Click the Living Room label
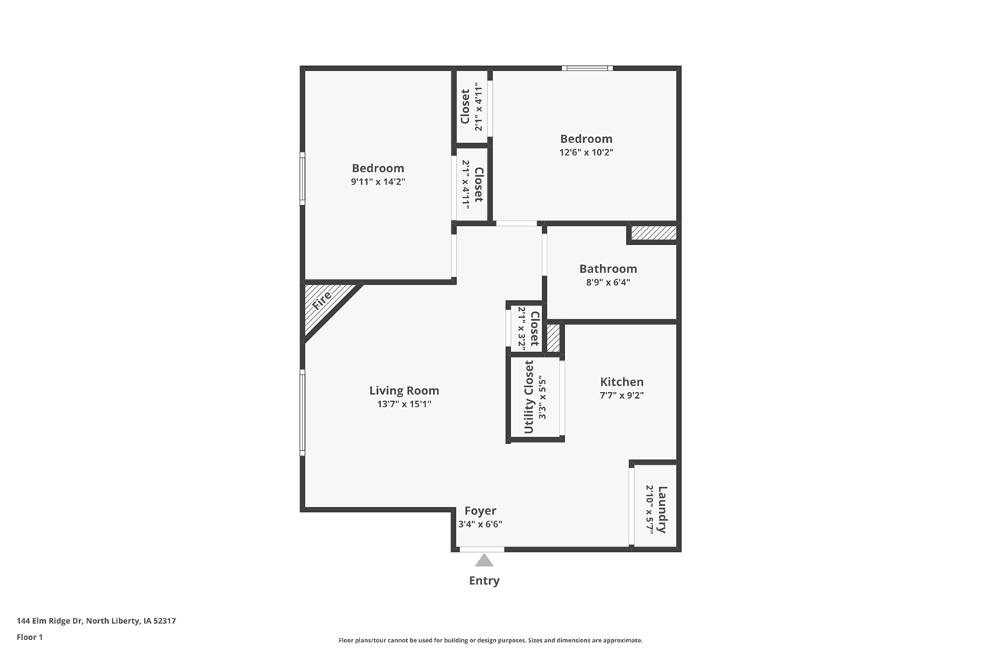pyautogui.click(x=404, y=390)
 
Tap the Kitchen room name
pyautogui.click(x=622, y=382)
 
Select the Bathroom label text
pyautogui.click(x=608, y=269)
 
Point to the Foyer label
pyautogui.click(x=481, y=511)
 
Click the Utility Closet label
pyautogui.click(x=529, y=397)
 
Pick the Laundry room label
pyautogui.click(x=662, y=509)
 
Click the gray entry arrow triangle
pyautogui.click(x=484, y=560)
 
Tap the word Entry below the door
pyautogui.click(x=484, y=580)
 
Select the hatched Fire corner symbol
pyautogui.click(x=323, y=302)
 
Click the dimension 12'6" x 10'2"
pyautogui.click(x=586, y=152)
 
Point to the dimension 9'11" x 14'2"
pyautogui.click(x=378, y=181)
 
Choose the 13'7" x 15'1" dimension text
pyautogui.click(x=404, y=404)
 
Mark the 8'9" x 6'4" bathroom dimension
pyautogui.click(x=608, y=282)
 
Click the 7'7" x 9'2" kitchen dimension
pyautogui.click(x=622, y=396)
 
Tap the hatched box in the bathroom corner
pyautogui.click(x=654, y=232)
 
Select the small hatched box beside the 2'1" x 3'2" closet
pyautogui.click(x=553, y=338)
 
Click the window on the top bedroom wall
pyautogui.click(x=587, y=68)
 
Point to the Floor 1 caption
pyautogui.click(x=30, y=637)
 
